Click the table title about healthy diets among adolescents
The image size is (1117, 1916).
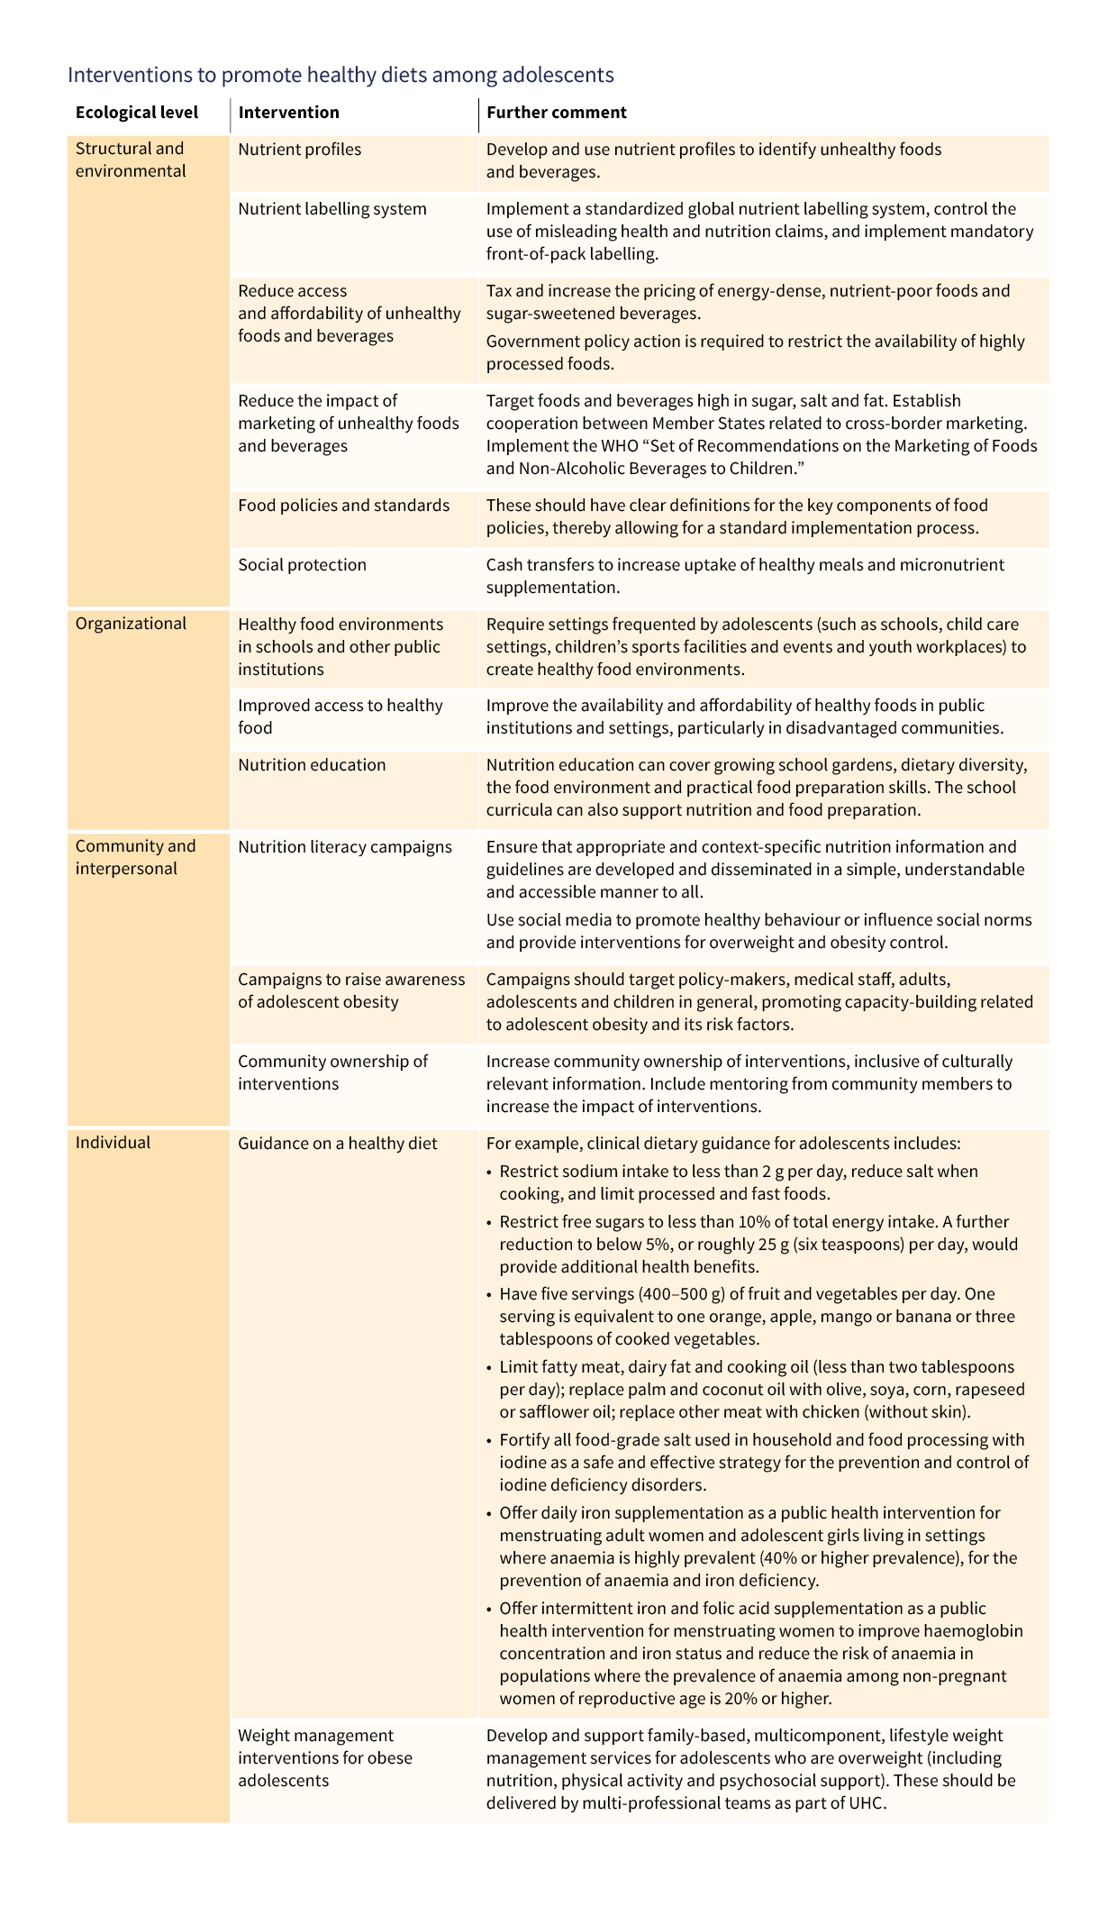click(341, 75)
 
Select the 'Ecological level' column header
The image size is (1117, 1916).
click(137, 113)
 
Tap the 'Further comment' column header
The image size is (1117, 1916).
click(556, 113)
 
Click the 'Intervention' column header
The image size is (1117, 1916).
click(288, 113)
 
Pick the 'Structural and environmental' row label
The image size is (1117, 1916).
click(131, 160)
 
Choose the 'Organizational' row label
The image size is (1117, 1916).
click(131, 624)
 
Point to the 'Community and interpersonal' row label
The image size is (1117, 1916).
click(135, 857)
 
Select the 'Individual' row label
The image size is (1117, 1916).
click(113, 1143)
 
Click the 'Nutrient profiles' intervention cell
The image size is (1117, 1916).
click(299, 150)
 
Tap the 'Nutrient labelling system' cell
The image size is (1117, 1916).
click(332, 209)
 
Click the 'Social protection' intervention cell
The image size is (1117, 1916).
click(302, 565)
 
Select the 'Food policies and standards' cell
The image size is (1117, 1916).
click(343, 506)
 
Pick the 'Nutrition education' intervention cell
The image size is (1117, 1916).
click(312, 765)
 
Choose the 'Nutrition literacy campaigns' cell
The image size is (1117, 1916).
click(345, 847)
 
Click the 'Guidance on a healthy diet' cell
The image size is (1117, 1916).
click(337, 1144)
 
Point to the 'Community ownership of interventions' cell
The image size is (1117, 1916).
click(332, 1072)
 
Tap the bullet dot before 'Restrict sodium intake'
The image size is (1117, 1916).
click(489, 1172)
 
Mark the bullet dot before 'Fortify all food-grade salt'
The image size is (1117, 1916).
click(489, 1441)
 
